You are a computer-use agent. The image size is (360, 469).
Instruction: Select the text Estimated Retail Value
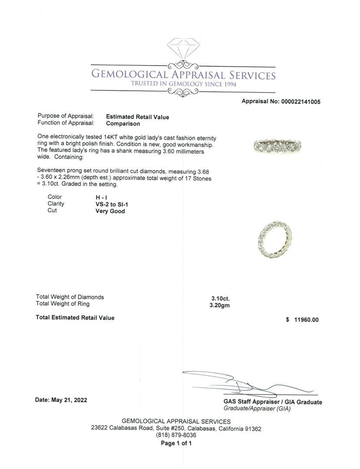click(x=137, y=117)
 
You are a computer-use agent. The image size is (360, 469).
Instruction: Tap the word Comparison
click(x=123, y=124)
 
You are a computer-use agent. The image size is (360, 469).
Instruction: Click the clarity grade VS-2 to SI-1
click(x=112, y=204)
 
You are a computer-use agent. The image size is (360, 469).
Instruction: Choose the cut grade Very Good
click(x=110, y=211)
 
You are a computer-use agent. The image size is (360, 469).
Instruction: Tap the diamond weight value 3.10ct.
click(x=220, y=298)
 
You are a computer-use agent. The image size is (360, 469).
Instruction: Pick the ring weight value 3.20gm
click(x=219, y=305)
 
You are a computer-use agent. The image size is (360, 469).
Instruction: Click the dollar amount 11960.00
click(x=306, y=320)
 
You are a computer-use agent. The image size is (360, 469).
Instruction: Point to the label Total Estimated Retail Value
click(x=75, y=318)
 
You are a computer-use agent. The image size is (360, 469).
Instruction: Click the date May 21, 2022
click(x=61, y=400)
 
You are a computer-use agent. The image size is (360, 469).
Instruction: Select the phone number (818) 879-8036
click(x=176, y=435)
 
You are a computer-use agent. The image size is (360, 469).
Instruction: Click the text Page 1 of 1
click(x=176, y=443)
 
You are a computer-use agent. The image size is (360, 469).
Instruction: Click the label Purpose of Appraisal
click(x=66, y=116)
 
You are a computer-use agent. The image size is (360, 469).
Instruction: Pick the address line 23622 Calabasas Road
click(x=176, y=429)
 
